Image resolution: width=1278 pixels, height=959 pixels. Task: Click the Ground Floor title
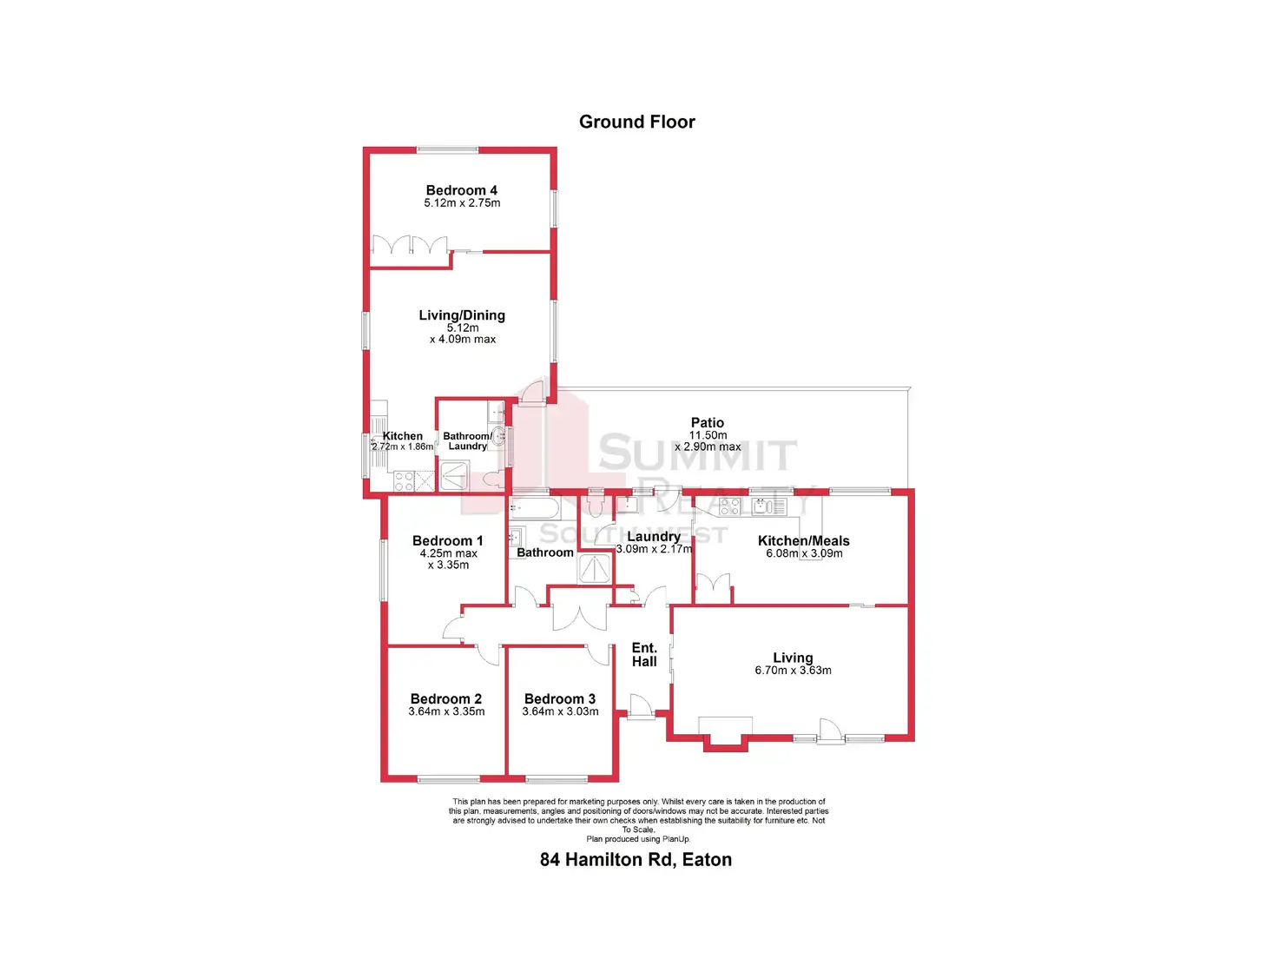(x=636, y=122)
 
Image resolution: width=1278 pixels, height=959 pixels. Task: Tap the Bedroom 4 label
(x=461, y=190)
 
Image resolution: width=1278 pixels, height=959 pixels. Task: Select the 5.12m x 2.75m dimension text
(x=462, y=203)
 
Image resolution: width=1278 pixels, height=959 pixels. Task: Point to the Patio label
(x=707, y=423)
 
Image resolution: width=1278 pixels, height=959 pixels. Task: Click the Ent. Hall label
(x=644, y=655)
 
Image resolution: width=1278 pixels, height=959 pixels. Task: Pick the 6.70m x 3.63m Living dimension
(x=793, y=671)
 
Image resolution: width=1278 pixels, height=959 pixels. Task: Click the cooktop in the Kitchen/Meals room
(x=730, y=506)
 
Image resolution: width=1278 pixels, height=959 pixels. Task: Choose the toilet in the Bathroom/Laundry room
(x=492, y=479)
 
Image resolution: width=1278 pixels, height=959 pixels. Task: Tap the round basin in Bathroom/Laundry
(x=498, y=437)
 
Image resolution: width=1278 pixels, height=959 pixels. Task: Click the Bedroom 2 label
(x=445, y=699)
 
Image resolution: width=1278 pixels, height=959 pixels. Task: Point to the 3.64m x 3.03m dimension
(x=560, y=711)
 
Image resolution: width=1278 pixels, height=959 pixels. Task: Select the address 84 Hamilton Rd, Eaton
(x=636, y=860)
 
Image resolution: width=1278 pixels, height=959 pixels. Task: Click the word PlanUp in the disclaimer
(x=675, y=839)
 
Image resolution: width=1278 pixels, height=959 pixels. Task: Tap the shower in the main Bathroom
(x=595, y=569)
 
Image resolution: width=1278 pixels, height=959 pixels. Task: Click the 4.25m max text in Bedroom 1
(x=448, y=553)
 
